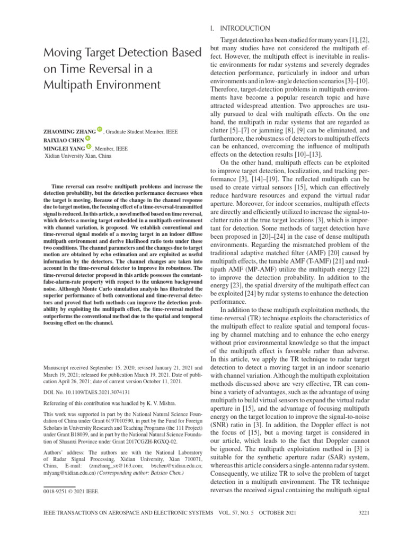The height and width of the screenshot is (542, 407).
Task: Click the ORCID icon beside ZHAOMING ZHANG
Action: (x=100, y=129)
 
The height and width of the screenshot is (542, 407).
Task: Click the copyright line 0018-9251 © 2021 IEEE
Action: (x=71, y=492)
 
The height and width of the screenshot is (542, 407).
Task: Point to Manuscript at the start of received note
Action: (x=58, y=366)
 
